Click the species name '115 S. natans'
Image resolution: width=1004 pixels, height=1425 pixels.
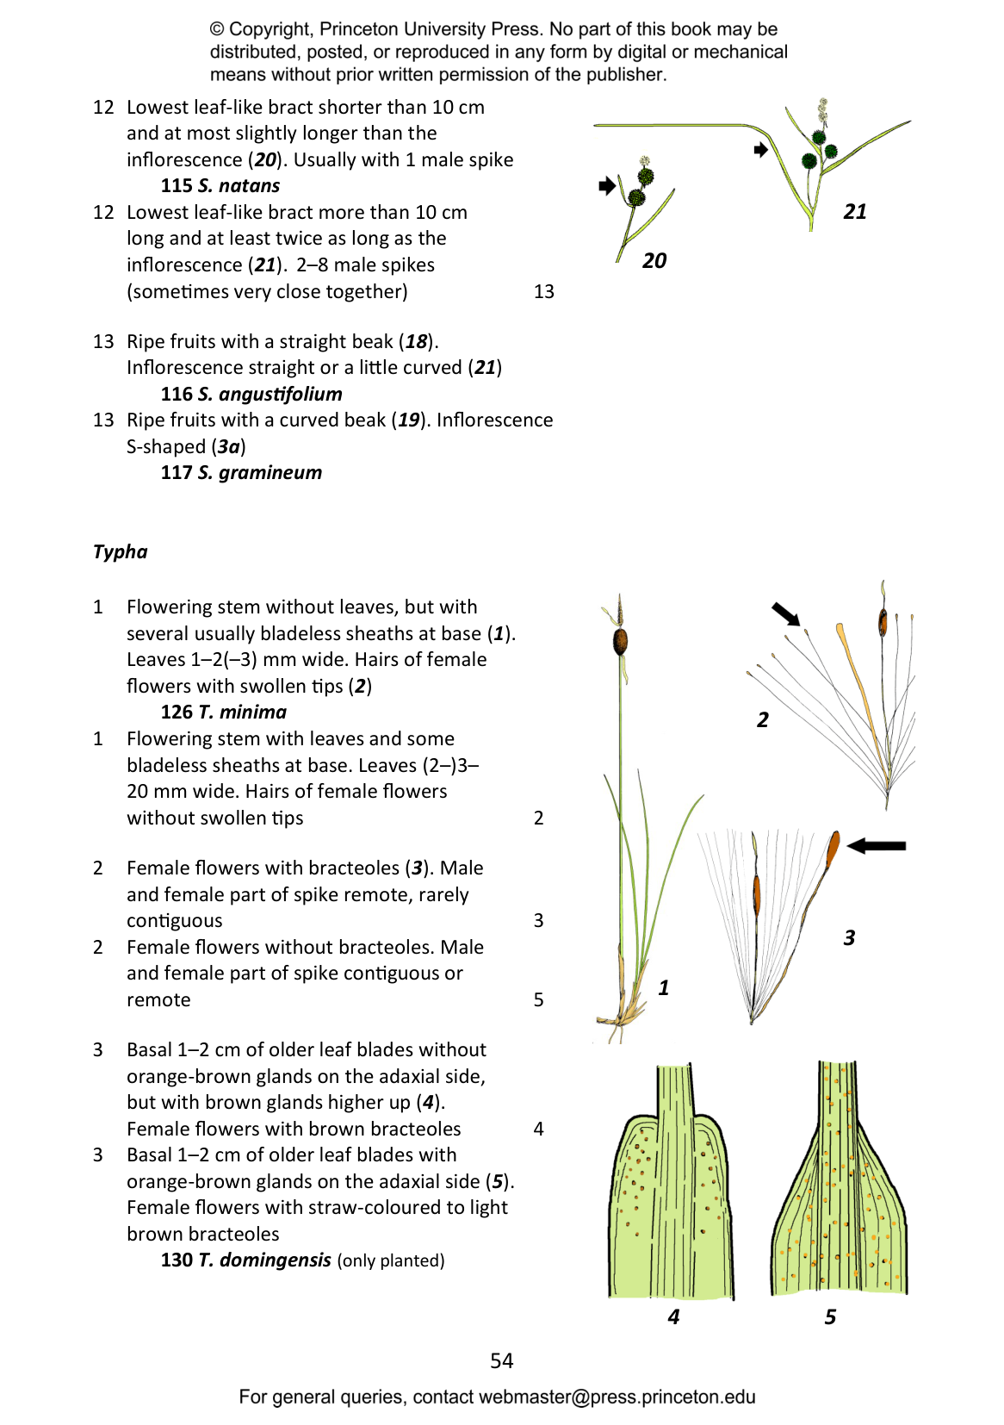point(220,186)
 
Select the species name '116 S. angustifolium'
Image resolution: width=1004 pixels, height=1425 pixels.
point(251,395)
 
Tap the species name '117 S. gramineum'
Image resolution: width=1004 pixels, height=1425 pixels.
point(241,473)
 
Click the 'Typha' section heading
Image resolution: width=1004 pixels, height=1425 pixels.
point(121,552)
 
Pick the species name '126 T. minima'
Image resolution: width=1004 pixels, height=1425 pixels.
point(223,712)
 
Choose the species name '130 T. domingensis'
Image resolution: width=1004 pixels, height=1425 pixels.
point(245,1260)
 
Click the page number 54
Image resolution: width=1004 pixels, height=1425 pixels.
point(502,1360)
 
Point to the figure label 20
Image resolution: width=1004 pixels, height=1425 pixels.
point(654,260)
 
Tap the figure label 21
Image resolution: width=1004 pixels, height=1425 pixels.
point(854,212)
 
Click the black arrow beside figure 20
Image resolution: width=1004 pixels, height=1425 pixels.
point(607,186)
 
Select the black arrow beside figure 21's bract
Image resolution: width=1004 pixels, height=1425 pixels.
point(760,150)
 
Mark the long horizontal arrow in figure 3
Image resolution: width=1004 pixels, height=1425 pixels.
point(877,845)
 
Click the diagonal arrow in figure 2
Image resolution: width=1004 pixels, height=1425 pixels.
point(786,614)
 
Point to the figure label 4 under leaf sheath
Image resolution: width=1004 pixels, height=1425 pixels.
point(673,1316)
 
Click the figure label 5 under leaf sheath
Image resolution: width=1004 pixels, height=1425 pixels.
point(830,1316)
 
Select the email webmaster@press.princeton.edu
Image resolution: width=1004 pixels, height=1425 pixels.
point(617,1397)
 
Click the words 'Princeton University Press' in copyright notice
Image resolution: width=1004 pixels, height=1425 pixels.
point(431,29)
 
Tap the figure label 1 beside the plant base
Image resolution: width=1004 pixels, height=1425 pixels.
point(663,987)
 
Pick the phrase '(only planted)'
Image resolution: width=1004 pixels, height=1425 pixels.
point(390,1260)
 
